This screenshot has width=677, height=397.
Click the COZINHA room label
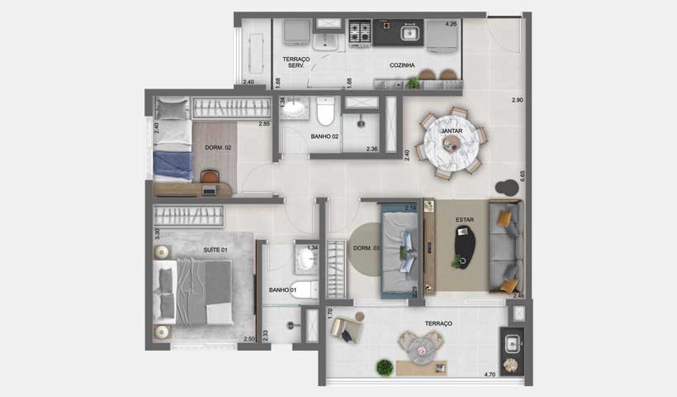point(402,65)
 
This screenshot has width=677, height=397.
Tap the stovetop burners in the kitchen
point(359,33)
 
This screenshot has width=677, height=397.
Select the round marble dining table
point(450,141)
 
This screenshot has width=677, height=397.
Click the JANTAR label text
point(451,131)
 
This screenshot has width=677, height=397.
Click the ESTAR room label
point(465,219)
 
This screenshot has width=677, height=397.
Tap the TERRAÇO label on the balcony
point(438,323)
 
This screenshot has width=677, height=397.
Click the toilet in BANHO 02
point(325,111)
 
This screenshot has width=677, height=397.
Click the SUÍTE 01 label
point(215,249)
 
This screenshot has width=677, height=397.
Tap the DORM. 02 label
point(217,147)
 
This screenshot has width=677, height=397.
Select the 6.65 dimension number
point(522,176)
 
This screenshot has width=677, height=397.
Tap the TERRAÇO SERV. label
point(295,62)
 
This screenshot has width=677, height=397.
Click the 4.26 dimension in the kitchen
point(451,24)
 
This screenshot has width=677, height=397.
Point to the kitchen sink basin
point(408,33)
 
